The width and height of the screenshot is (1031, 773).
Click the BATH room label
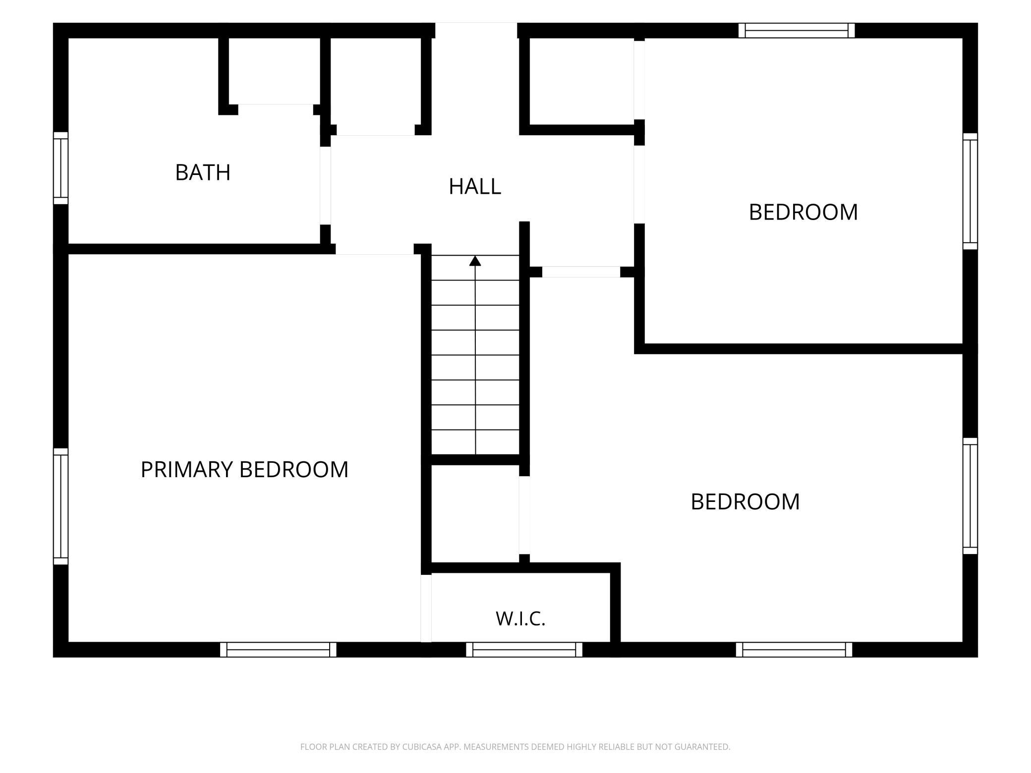(x=203, y=172)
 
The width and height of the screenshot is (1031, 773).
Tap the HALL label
(x=475, y=187)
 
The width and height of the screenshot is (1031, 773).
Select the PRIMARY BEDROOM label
(x=244, y=470)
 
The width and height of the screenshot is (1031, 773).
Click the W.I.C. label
(x=520, y=619)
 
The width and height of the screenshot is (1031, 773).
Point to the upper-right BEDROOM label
(x=803, y=212)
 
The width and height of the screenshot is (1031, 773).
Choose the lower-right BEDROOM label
(x=745, y=502)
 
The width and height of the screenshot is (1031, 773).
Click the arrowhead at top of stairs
(x=475, y=261)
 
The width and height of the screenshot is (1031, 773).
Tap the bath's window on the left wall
(x=60, y=168)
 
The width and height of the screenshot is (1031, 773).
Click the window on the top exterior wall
(x=797, y=30)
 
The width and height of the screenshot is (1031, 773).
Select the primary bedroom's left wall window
(x=60, y=506)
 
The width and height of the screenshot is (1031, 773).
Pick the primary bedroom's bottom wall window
(x=278, y=650)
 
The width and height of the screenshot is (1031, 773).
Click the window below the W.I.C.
(x=524, y=650)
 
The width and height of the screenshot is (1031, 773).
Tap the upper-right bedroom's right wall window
(x=970, y=191)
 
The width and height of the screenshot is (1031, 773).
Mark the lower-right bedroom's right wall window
(x=970, y=496)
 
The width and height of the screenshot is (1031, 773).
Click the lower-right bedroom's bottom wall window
(x=794, y=650)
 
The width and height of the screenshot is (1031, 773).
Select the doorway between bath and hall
(x=325, y=186)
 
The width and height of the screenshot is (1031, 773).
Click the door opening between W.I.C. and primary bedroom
(x=426, y=608)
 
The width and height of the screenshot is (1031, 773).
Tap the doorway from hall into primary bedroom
(x=375, y=249)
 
